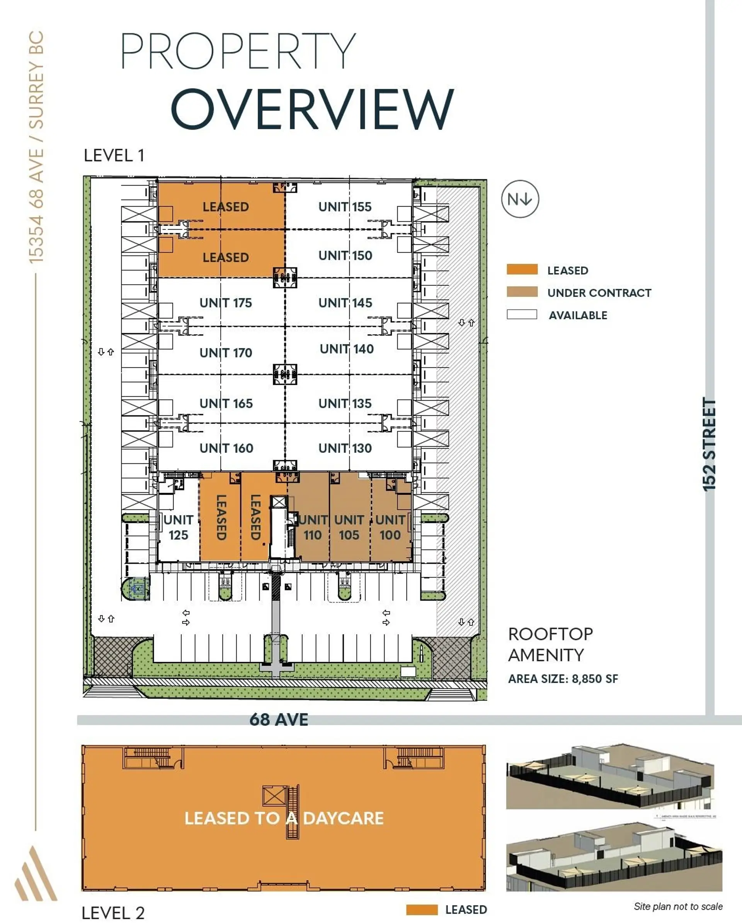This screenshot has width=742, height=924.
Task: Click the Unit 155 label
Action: pos(345,207)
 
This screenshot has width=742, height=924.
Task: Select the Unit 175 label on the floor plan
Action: pos(226,303)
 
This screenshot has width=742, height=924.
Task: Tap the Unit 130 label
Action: pos(345,448)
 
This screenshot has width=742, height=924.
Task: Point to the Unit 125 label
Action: pos(178,528)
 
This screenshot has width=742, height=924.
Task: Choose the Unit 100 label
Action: pos(390,528)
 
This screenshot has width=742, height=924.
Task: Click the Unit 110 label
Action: pos(313,528)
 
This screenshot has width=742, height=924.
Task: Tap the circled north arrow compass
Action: pos(520,199)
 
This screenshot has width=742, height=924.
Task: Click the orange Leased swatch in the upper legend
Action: pos(522,270)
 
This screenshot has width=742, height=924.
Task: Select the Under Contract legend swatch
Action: pos(522,292)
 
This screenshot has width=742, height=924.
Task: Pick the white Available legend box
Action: pos(522,314)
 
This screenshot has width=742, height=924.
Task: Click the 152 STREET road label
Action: pos(710,444)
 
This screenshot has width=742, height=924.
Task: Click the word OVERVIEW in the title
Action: pos(312,109)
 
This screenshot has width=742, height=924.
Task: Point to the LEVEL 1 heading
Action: pos(114,155)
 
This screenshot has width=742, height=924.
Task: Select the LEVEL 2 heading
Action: pos(113,913)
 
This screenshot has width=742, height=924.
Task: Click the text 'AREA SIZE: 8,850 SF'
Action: pos(563,679)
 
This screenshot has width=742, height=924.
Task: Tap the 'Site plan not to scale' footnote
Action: pos(678,907)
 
